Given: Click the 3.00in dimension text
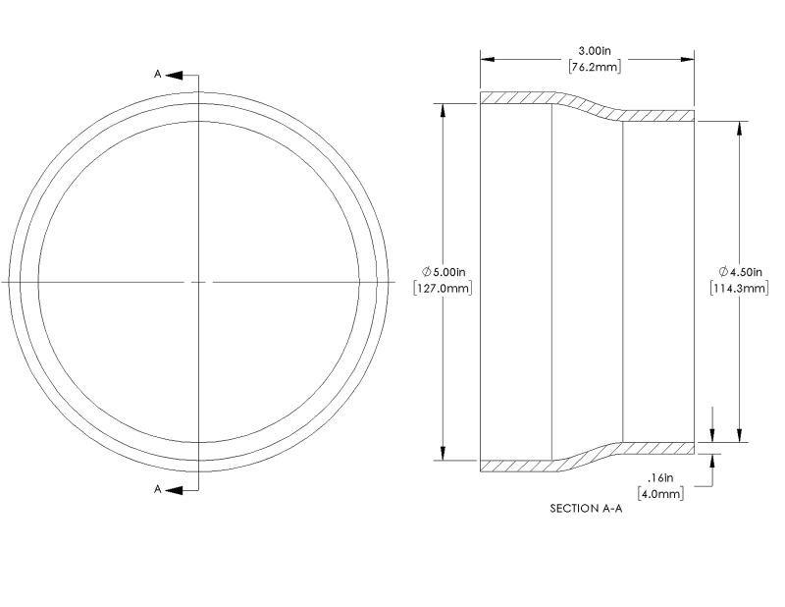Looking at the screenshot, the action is point(595,51).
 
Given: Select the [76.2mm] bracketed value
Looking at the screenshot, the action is point(595,67).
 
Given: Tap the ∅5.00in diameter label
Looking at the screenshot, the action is point(444,272).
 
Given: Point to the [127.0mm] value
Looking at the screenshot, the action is point(443,288).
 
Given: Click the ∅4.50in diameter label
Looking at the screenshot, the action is point(740,272).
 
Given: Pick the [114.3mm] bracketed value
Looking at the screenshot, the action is point(739,288).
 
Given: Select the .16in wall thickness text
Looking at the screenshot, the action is point(660,477).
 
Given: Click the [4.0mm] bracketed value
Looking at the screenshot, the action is point(660,494).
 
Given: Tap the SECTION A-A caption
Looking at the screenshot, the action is point(586,508).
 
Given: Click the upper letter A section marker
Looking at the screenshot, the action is point(157,75).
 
